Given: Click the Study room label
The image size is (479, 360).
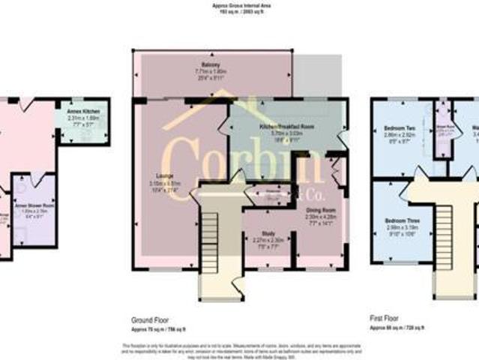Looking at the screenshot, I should click(268, 233).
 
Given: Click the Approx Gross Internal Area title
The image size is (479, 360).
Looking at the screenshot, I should click(239, 5).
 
